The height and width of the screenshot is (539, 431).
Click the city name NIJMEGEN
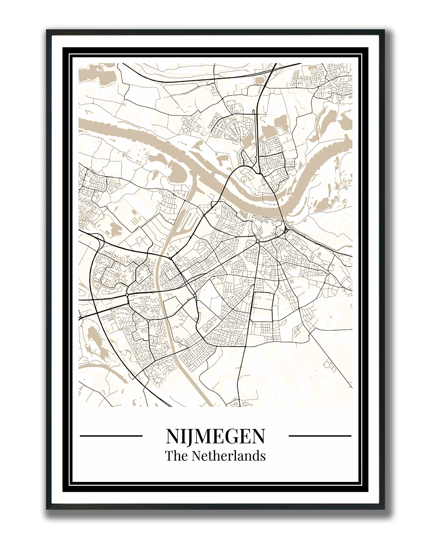tap(215, 436)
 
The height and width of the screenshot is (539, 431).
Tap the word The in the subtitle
tap(174, 456)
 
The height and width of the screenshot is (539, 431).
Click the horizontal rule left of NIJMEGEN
tap(111, 436)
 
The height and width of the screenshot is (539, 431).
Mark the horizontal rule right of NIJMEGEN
tap(320, 436)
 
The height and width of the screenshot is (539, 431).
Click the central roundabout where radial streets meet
tap(258, 242)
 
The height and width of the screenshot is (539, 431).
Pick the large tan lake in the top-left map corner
tap(96, 74)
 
